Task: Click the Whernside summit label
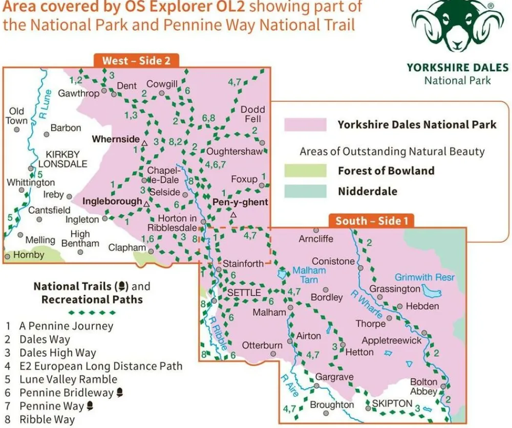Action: coord(115,139)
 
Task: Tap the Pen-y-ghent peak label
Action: coord(240,202)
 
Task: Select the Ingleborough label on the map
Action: coord(112,201)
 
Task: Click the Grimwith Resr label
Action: coord(424,277)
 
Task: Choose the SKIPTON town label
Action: coord(392,403)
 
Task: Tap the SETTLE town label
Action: coord(244,292)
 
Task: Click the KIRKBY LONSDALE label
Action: coord(67,159)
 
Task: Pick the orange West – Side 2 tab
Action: coord(136,60)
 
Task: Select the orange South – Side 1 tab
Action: coord(371,221)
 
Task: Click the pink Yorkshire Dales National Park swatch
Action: coord(306,125)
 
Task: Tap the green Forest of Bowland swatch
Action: coord(306,171)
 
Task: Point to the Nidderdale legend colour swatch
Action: coord(306,191)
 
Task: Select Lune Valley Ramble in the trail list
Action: coord(68,379)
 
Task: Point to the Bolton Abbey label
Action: coord(424,387)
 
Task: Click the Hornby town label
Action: coord(29,255)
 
